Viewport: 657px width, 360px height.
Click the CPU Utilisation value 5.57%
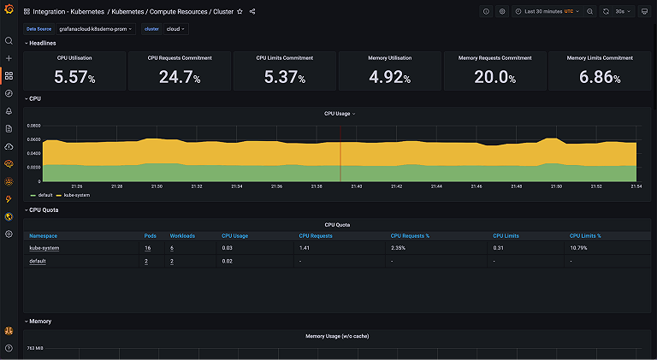(74, 77)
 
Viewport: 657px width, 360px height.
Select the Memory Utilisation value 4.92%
(390, 77)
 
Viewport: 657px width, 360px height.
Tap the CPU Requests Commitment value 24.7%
(180, 77)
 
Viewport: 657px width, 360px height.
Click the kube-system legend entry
(75, 195)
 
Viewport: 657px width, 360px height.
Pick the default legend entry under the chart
(44, 195)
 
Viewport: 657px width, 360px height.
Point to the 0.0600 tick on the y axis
(33, 126)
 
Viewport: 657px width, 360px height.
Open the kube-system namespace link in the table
(44, 248)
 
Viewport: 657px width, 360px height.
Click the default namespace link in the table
(38, 261)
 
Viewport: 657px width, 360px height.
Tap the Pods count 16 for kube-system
(147, 248)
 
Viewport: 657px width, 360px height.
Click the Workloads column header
(183, 235)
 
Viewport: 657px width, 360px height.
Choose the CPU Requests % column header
(410, 235)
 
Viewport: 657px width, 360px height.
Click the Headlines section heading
(43, 43)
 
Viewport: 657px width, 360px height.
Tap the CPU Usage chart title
(339, 113)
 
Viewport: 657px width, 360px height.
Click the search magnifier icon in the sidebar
(9, 40)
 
